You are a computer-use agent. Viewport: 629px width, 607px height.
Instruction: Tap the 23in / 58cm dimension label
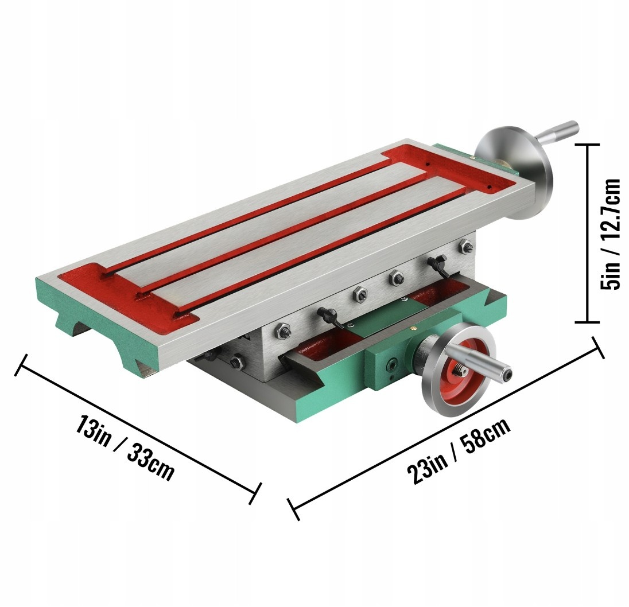(x=459, y=452)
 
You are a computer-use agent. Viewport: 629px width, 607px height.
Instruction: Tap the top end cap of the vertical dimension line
(x=587, y=144)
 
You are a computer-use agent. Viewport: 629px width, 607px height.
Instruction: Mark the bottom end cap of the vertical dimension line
(x=587, y=321)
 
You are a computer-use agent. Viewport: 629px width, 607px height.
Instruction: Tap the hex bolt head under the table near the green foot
(x=237, y=362)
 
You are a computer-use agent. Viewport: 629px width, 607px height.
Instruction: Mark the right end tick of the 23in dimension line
(x=599, y=348)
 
